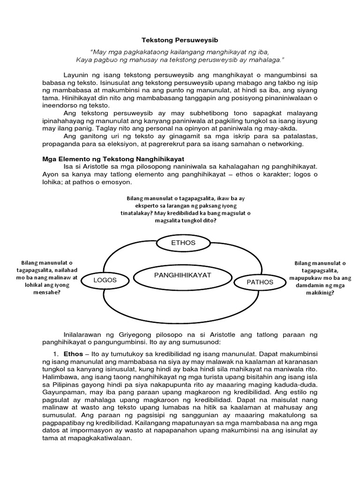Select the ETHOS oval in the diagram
(183, 242)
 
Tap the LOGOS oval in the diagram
(105, 280)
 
